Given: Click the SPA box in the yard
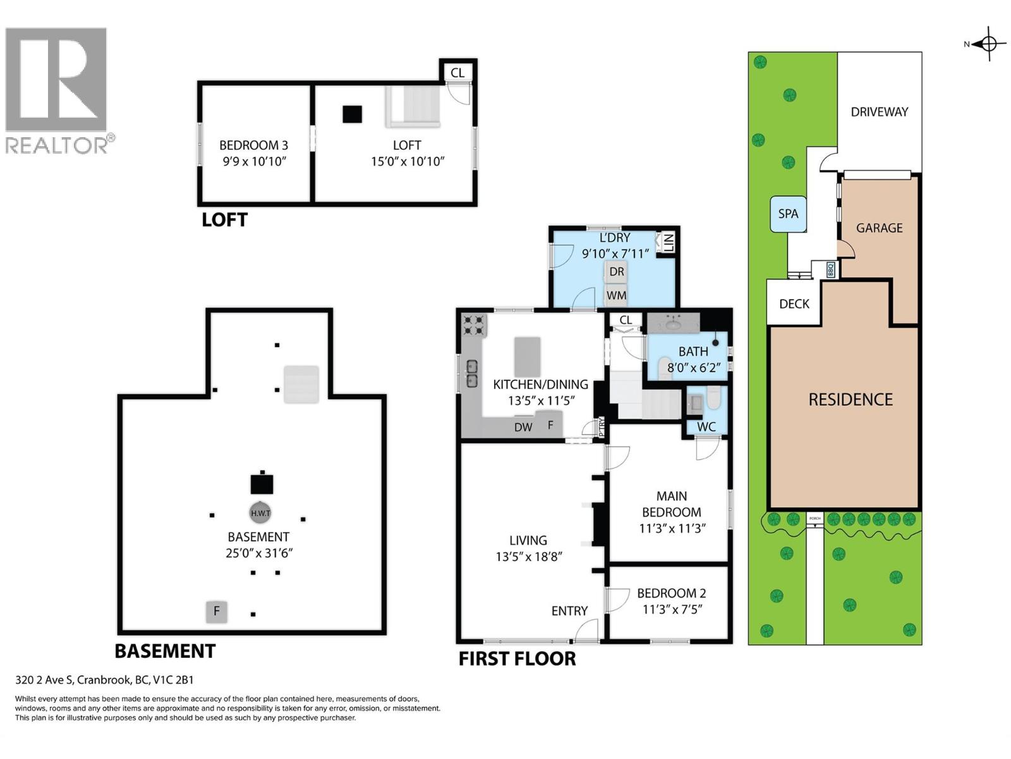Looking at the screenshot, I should click(788, 214).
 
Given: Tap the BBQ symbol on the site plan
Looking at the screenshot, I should click(830, 270).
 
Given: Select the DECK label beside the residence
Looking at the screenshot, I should click(794, 304).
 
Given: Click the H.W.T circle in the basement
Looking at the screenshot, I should click(260, 513).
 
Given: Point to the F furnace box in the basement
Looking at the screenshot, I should click(217, 612).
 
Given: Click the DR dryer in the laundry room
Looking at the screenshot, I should click(617, 272).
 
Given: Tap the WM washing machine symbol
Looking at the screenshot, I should click(616, 295).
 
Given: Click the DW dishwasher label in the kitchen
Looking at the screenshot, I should click(523, 427).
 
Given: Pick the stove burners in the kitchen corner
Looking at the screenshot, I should click(474, 325).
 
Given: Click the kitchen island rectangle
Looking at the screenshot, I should click(528, 357).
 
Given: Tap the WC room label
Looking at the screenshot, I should click(706, 427).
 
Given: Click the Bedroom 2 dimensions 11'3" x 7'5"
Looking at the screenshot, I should click(672, 610).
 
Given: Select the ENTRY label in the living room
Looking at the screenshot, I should click(569, 611).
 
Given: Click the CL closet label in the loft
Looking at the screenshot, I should click(457, 73).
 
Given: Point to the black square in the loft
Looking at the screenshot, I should click(352, 114).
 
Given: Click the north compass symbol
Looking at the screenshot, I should click(989, 44).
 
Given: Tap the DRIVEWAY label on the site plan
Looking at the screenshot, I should click(879, 112).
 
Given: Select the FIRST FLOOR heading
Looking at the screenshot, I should click(517, 659).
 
